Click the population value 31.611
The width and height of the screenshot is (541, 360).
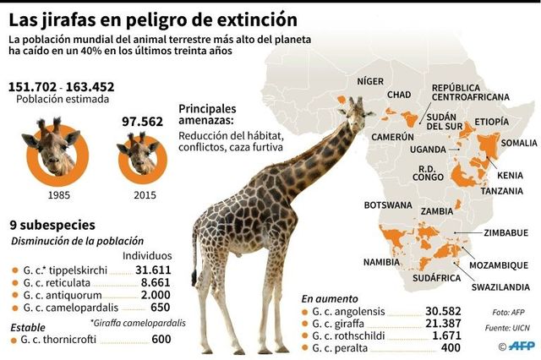point(154,270)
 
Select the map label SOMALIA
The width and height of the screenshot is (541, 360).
point(518,144)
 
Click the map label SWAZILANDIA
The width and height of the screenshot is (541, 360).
point(500,287)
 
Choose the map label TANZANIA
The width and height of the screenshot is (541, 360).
point(500,191)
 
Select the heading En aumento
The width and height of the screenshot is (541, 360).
point(329,297)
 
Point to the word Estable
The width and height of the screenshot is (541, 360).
point(28,326)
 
